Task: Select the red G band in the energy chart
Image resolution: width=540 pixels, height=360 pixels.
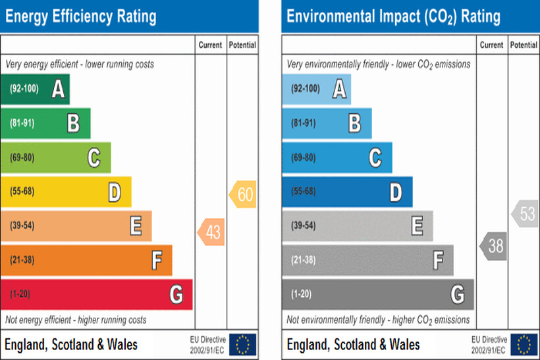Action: tap(96, 294)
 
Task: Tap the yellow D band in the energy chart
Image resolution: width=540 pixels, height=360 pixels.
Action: tap(66, 192)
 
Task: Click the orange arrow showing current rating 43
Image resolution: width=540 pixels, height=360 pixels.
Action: tap(212, 232)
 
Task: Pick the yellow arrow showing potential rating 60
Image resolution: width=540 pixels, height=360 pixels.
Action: tap(243, 195)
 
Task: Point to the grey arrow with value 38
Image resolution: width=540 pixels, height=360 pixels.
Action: tap(494, 246)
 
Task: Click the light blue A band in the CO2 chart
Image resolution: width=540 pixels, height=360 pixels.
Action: tap(316, 89)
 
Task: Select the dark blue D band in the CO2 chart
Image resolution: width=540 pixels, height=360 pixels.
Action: tap(347, 192)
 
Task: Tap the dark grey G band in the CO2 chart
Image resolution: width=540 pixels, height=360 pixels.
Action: tap(377, 294)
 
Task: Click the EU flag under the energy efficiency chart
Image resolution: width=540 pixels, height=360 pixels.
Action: tap(243, 344)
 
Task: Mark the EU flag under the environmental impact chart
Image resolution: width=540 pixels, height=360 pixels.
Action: tap(524, 344)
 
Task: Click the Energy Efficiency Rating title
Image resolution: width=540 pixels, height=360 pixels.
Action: tap(80, 16)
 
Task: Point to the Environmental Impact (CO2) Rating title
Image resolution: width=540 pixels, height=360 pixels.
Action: tap(393, 16)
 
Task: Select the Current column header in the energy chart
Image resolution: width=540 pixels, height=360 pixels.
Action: tap(211, 45)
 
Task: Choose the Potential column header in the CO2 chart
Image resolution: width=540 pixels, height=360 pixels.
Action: tap(524, 45)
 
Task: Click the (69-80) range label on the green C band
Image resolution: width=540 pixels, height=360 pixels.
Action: tap(23, 158)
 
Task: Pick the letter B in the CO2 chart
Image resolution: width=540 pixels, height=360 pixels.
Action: tap(354, 123)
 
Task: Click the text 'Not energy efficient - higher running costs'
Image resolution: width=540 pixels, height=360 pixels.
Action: tap(76, 320)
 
